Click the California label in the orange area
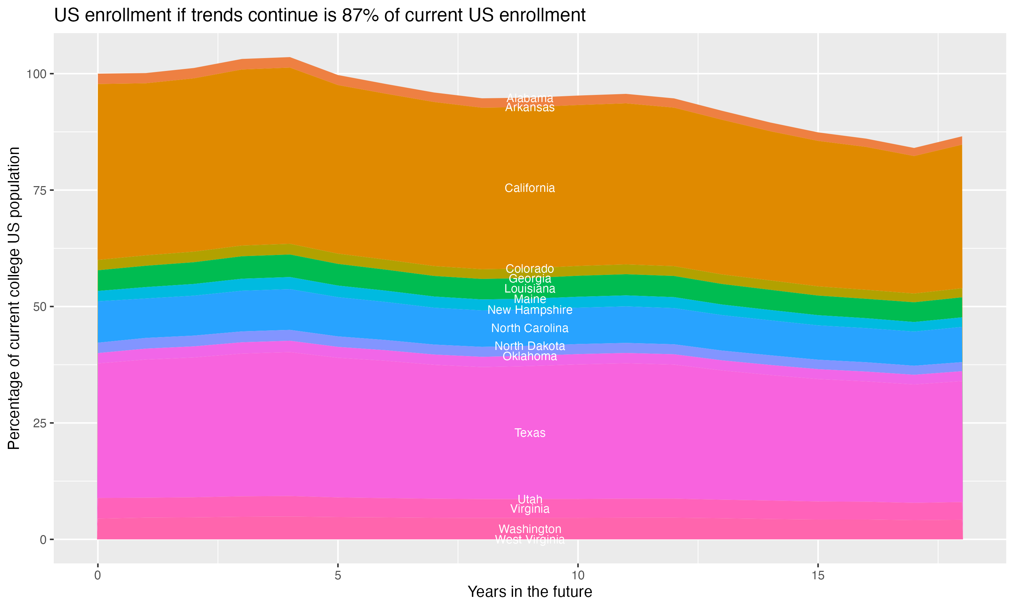530,188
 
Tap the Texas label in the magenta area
530,433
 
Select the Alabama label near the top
530,98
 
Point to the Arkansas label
530,107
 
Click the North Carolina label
530,328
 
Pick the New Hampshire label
530,310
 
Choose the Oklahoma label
530,356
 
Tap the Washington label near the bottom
530,529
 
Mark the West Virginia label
530,539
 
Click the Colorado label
530,269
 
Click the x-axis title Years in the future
530,591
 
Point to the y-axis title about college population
14,298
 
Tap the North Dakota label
530,346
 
